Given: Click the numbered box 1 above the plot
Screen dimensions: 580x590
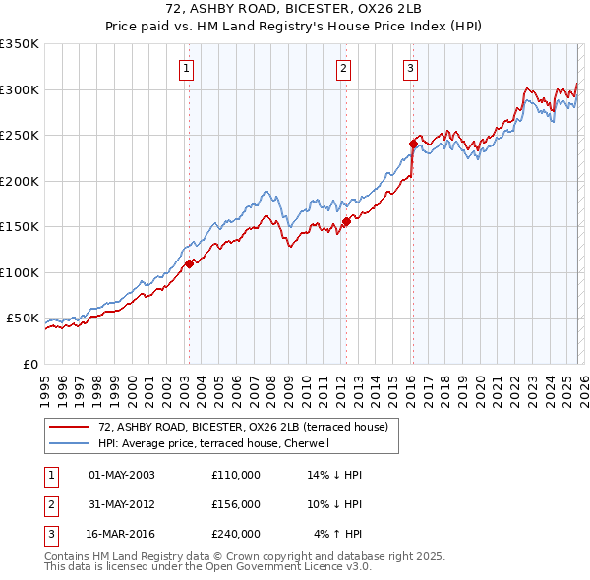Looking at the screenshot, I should pos(187,68).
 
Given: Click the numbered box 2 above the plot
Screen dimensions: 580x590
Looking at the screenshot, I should pos(343,68).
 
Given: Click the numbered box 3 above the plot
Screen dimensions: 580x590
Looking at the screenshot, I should pos(409,68).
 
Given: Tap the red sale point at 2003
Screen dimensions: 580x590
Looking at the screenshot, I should pos(189,263).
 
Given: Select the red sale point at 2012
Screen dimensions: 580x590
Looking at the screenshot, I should pos(346,222).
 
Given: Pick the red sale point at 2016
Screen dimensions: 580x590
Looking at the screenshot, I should pos(413,145).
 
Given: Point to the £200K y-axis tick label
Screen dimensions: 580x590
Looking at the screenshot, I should pos(20,181).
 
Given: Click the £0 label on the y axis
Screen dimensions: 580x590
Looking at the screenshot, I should pos(29,364).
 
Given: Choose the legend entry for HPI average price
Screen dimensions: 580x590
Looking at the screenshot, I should pos(219,443).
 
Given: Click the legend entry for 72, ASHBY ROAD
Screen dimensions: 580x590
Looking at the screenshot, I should pos(243,427).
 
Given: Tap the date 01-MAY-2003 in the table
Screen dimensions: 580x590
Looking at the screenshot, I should pos(122,475).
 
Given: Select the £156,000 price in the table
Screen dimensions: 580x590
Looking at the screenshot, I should pos(236,504).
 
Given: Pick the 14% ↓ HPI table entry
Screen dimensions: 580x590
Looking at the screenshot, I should pos(335,475).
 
